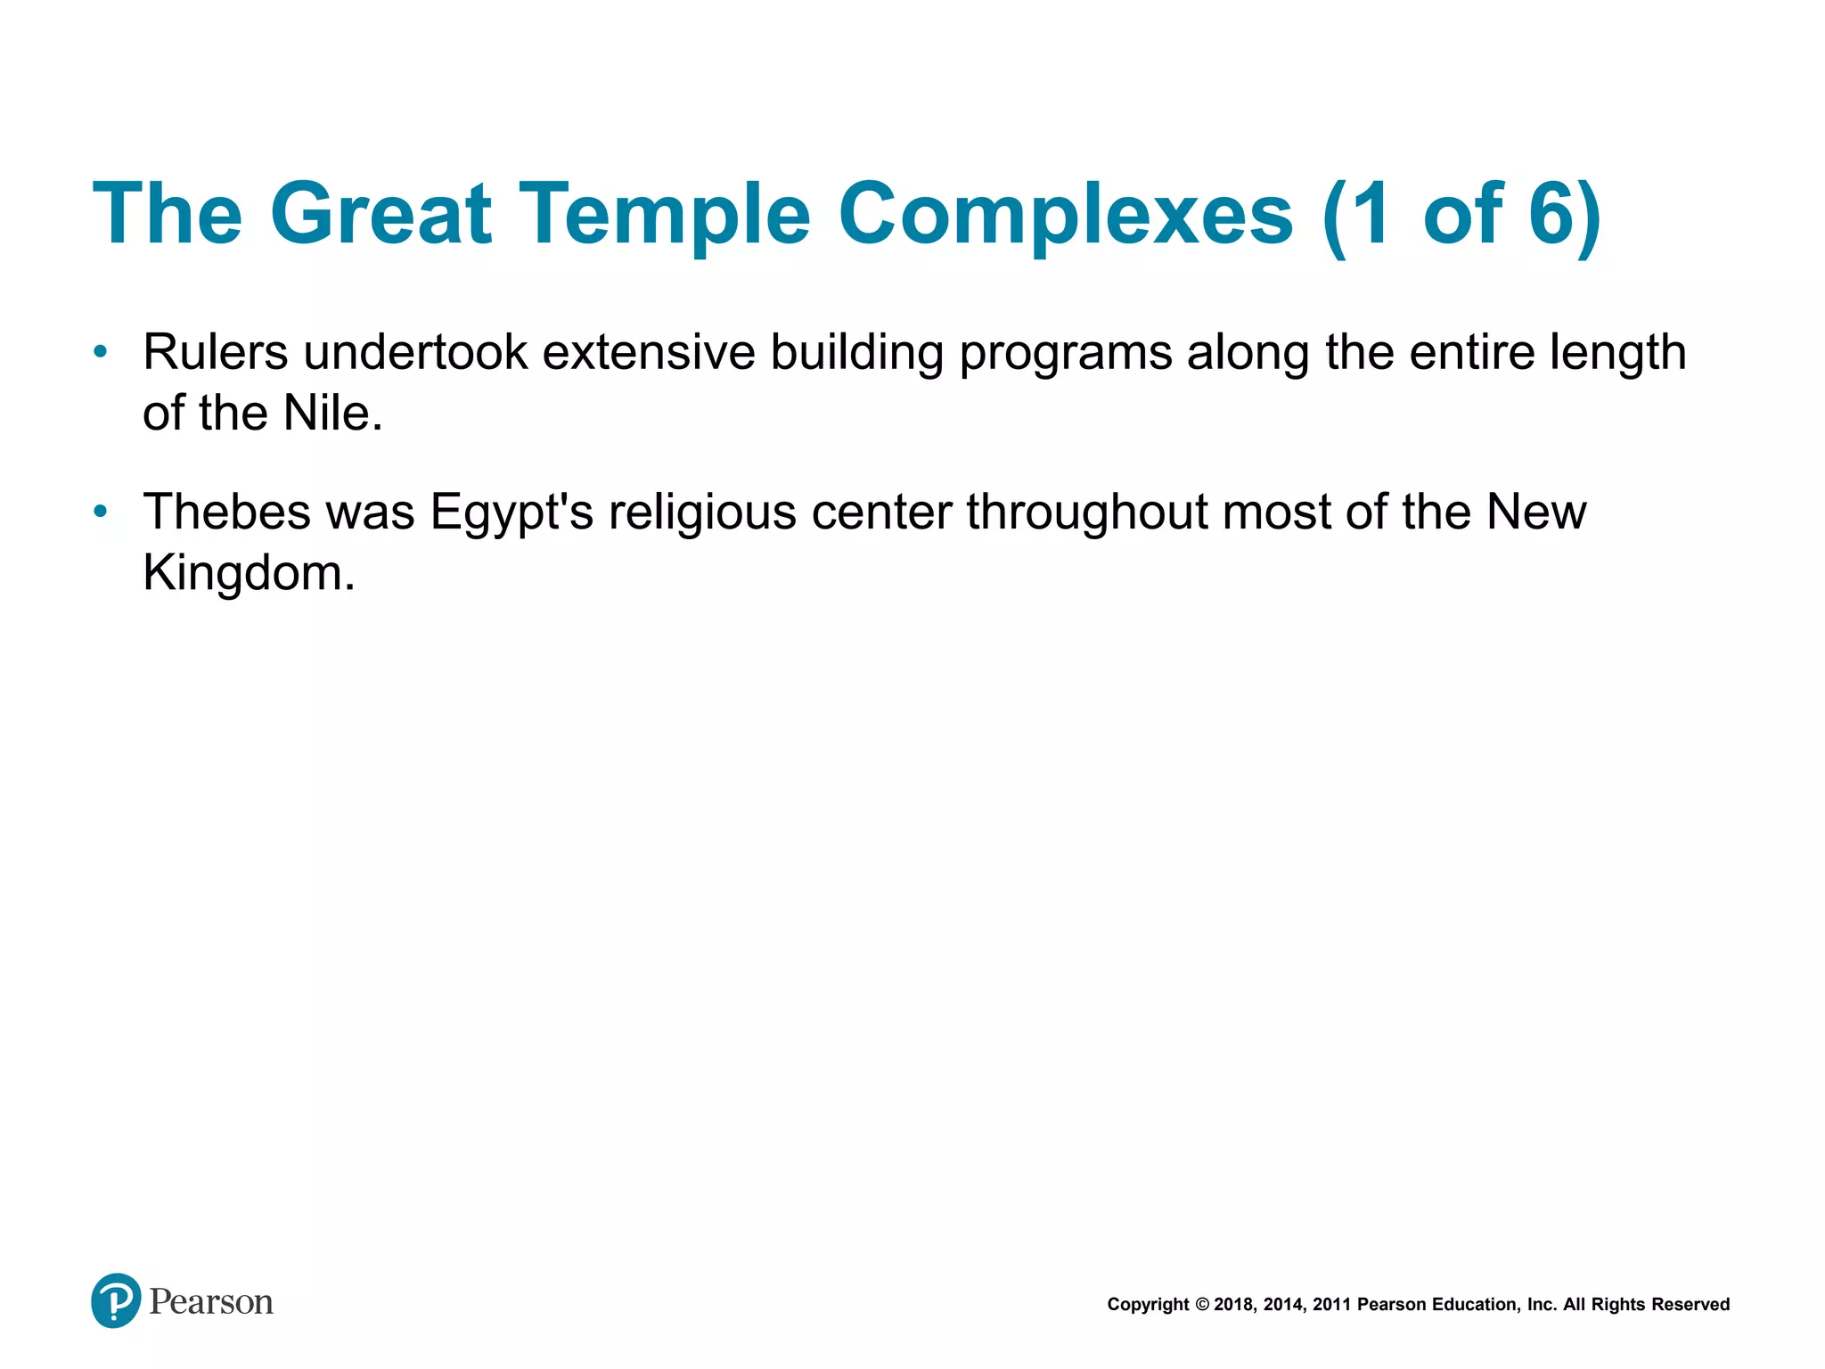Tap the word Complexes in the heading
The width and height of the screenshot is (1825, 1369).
(x=1065, y=214)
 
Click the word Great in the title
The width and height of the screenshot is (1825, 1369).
(x=381, y=214)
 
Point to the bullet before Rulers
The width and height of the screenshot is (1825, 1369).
(x=101, y=352)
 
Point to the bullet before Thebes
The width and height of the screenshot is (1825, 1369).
(x=101, y=512)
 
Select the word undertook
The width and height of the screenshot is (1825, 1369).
(x=415, y=352)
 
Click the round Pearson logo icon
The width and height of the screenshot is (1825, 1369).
(x=116, y=1300)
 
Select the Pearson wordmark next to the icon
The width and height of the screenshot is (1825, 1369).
(x=211, y=1302)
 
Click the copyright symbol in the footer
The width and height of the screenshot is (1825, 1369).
(x=1201, y=1305)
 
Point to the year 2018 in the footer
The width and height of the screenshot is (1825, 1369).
(x=1232, y=1305)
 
